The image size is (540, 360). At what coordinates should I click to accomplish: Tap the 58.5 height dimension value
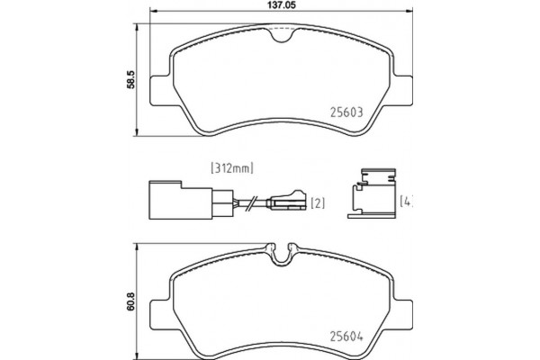point(131,80)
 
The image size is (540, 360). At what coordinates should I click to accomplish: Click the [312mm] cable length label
point(233,167)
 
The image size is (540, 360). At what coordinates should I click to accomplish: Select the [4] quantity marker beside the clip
point(405,200)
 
